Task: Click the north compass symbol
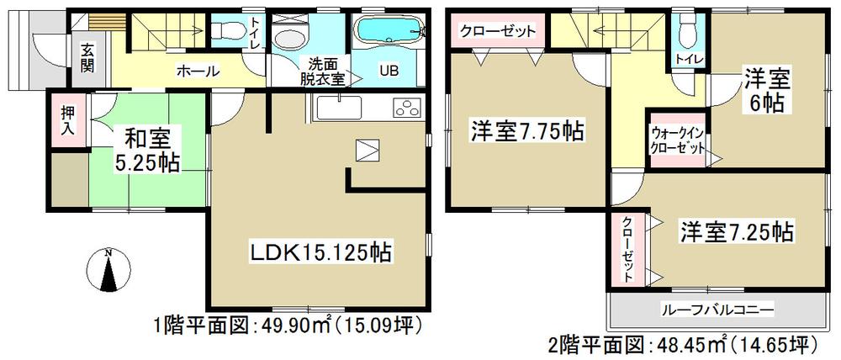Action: tap(108, 271)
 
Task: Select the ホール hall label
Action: tap(198, 72)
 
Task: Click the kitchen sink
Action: tap(339, 109)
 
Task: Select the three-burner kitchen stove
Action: tap(406, 109)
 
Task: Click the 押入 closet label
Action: tap(67, 122)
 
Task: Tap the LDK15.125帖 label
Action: tap(320, 251)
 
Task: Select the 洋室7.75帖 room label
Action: tap(527, 131)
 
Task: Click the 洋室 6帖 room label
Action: tap(764, 93)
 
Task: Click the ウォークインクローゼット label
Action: tap(677, 140)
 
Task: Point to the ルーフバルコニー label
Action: tap(717, 309)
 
